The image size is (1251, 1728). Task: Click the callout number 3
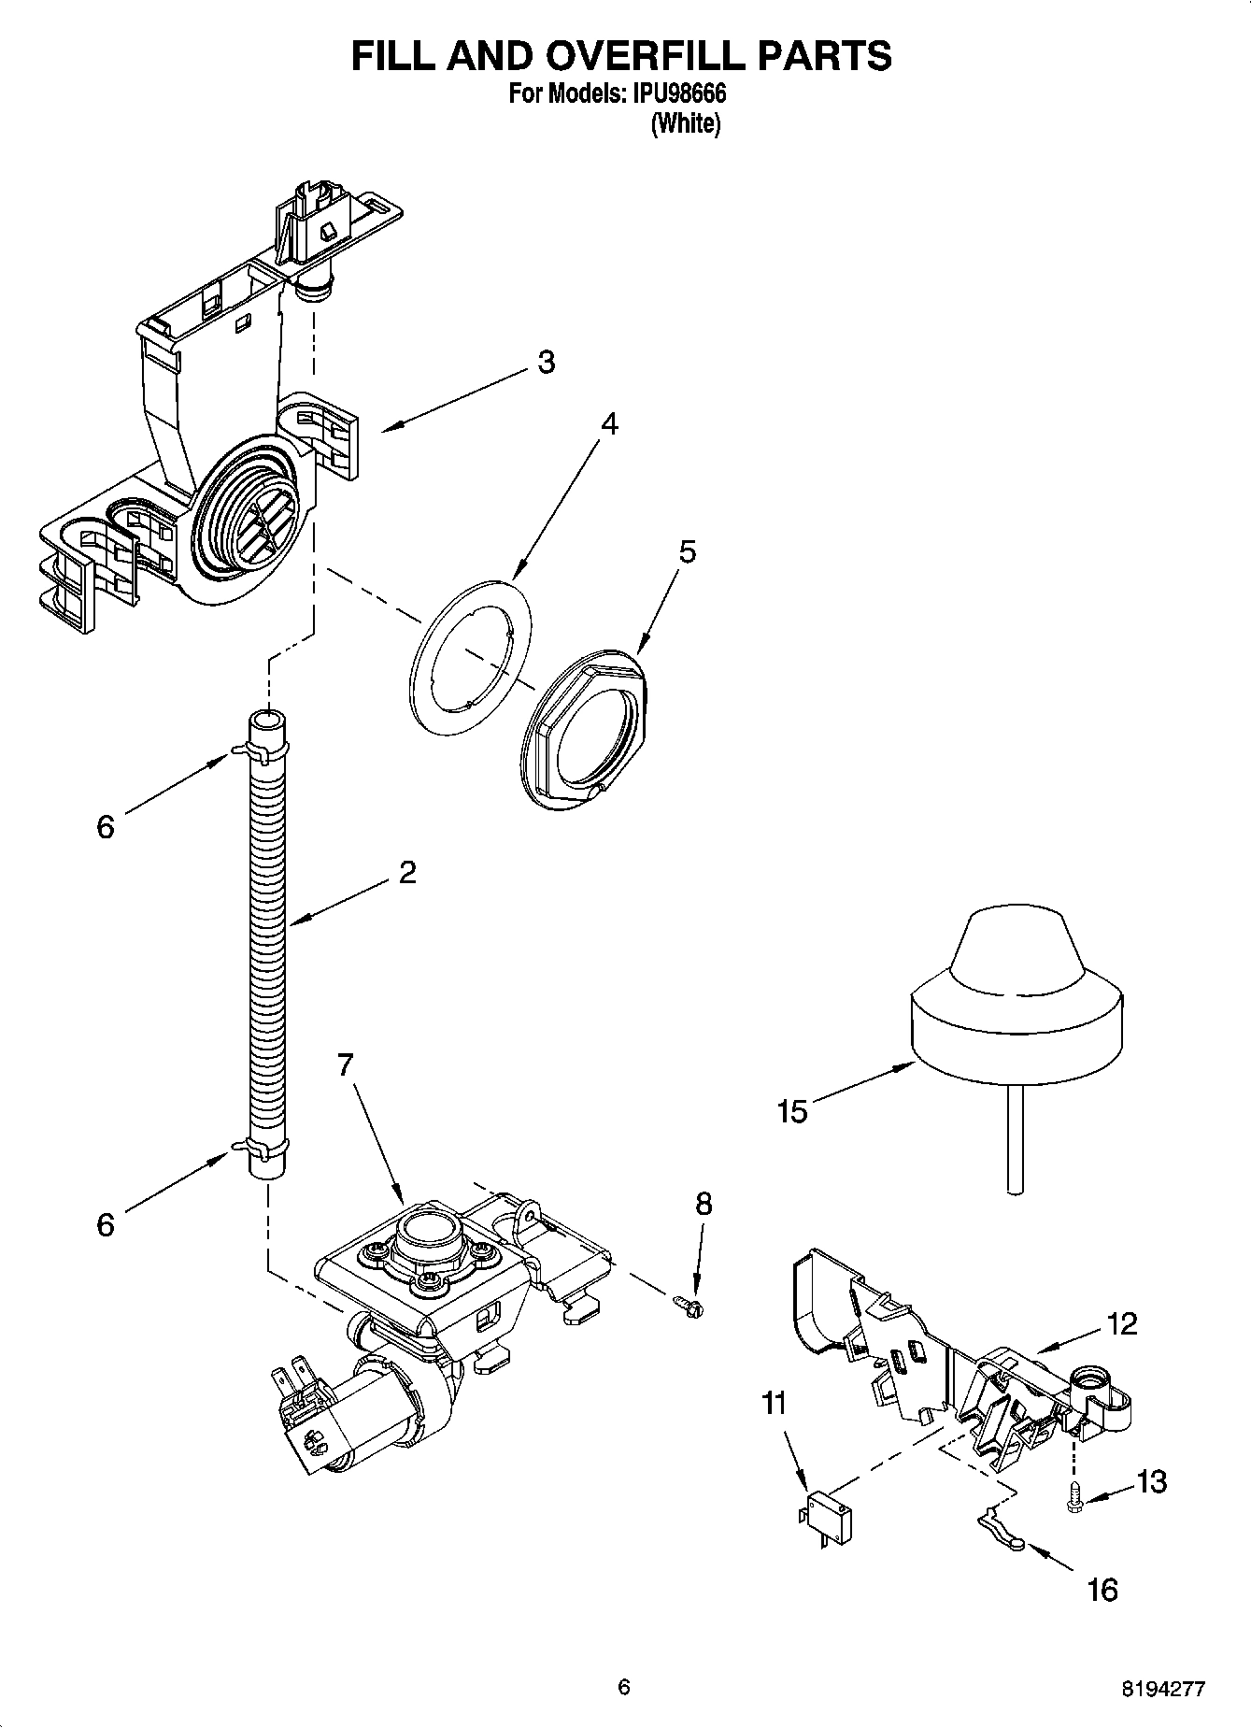(x=547, y=362)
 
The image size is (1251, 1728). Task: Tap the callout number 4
(x=608, y=423)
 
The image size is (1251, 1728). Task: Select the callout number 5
(x=687, y=551)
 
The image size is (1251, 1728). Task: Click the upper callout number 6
(x=106, y=826)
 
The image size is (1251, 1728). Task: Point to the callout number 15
(x=791, y=1112)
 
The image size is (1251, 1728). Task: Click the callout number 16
(x=1102, y=1590)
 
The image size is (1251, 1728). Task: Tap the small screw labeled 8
(x=689, y=1303)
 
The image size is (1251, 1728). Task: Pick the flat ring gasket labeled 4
(x=470, y=655)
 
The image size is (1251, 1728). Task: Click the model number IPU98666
(x=679, y=94)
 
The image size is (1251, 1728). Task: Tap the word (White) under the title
(x=685, y=123)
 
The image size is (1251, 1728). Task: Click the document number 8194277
(x=1163, y=1688)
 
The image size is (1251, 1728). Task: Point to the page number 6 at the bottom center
(x=624, y=1687)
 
